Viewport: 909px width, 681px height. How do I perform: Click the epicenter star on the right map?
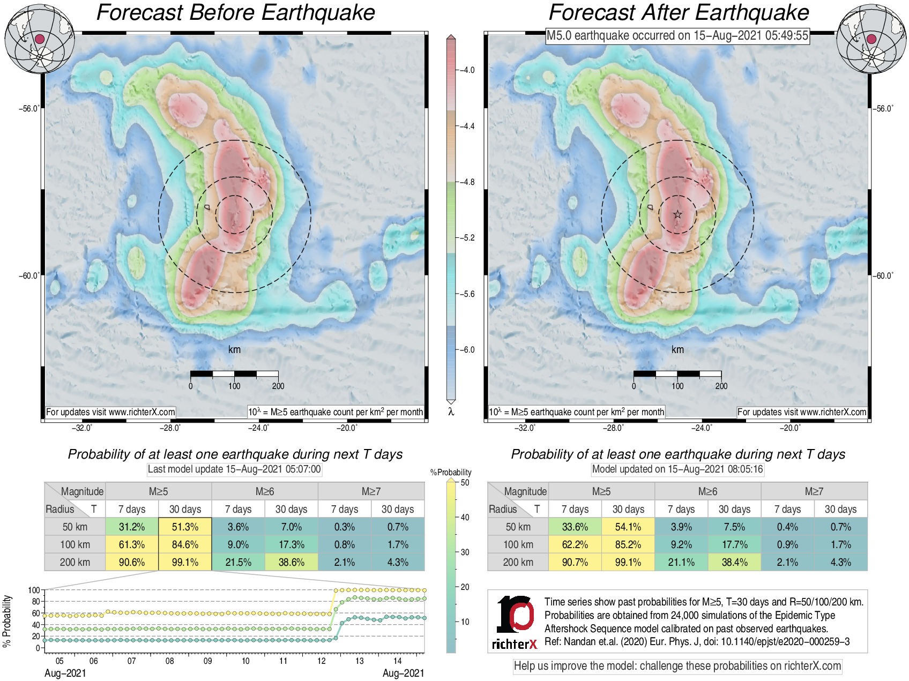(x=677, y=214)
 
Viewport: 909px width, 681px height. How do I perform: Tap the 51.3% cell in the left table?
(x=185, y=527)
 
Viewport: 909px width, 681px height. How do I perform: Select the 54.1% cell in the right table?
(x=628, y=527)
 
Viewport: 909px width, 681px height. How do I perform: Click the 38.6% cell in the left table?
(x=291, y=562)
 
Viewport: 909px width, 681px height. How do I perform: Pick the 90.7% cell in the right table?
(x=575, y=562)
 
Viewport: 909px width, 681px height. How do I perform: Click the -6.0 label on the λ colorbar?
(x=468, y=350)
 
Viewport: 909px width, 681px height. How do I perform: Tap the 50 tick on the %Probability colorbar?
(x=465, y=483)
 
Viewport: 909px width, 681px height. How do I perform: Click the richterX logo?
(x=515, y=622)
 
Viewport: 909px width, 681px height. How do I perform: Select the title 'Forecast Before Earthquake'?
(x=235, y=13)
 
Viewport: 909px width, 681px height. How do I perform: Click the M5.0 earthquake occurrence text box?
(x=677, y=36)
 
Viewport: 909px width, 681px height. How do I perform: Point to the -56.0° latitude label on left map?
(x=29, y=109)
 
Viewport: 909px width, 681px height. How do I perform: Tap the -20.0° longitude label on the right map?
(x=790, y=428)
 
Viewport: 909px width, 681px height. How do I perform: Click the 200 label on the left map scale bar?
(x=278, y=386)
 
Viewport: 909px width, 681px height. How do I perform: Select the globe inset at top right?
(x=871, y=39)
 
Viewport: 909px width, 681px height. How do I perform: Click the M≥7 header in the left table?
(x=371, y=491)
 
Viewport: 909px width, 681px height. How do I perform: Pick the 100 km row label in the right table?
(x=518, y=544)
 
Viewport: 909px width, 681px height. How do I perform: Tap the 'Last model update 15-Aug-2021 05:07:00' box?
(x=234, y=469)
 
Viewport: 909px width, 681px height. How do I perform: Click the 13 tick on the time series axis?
(x=359, y=661)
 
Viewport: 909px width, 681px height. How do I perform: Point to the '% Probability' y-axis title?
(x=7, y=620)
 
